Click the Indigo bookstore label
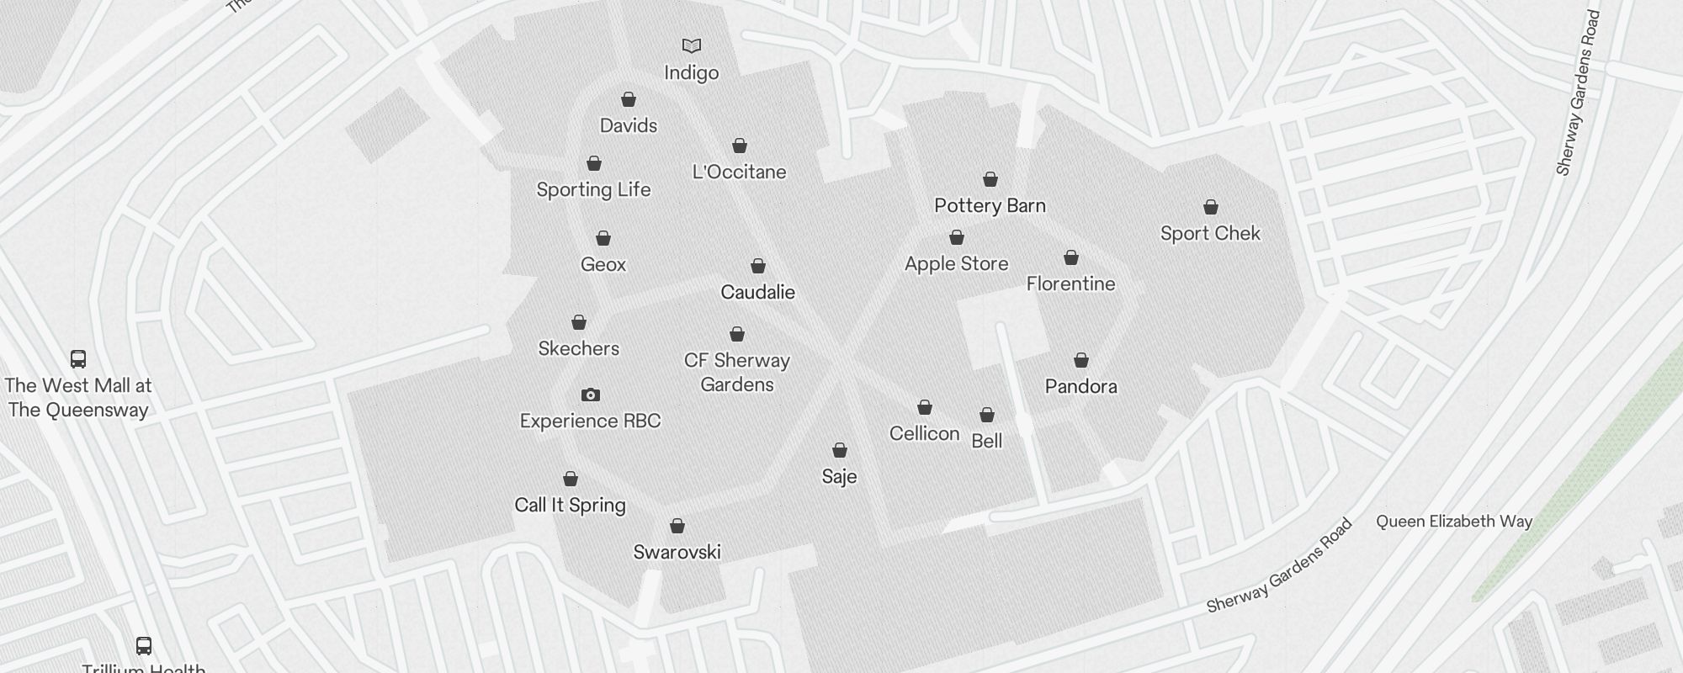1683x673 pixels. coord(691,73)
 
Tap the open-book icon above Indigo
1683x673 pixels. coord(691,45)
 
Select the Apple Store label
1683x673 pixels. coord(956,264)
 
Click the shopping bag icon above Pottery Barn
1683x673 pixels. coord(990,179)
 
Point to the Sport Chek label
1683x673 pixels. coord(1210,234)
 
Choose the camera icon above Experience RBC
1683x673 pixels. coord(591,395)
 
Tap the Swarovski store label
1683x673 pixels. coord(677,553)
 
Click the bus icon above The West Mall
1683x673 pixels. coord(78,359)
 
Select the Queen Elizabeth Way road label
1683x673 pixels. coord(1453,522)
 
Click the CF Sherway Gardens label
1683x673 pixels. coord(736,373)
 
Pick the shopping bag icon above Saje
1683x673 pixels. coord(839,450)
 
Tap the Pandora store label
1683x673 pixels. coord(1080,387)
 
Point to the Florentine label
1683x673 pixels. coord(1070,284)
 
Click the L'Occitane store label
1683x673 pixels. coord(739,172)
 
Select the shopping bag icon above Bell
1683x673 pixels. coord(987,415)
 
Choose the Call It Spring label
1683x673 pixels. coord(570,506)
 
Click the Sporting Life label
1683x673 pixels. coord(593,190)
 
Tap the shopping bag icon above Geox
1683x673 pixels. coord(603,238)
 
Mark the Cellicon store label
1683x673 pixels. coord(924,434)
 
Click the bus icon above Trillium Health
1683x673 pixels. coord(144,646)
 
